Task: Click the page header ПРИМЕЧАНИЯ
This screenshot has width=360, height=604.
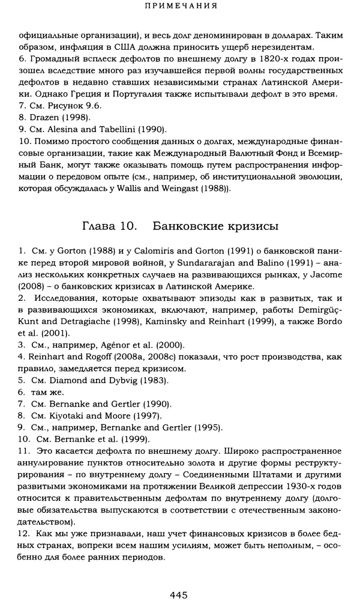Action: click(x=180, y=7)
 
